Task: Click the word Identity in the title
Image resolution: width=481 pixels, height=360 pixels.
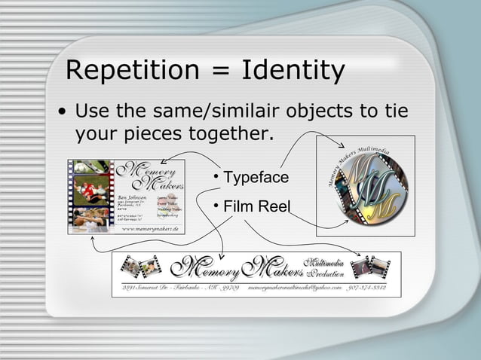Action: coord(293,72)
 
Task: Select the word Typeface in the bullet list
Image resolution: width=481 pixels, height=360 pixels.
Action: coord(256,178)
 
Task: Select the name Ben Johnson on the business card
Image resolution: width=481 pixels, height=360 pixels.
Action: coord(131,197)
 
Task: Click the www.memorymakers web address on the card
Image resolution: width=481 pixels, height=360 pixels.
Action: coord(150,227)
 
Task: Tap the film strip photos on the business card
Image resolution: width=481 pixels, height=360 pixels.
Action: coord(91,196)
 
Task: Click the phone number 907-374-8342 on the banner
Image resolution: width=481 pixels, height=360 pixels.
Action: coord(369,287)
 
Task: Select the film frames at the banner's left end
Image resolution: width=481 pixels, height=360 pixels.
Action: coord(141,265)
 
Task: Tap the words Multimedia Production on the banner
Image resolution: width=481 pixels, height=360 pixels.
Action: coord(323,266)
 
